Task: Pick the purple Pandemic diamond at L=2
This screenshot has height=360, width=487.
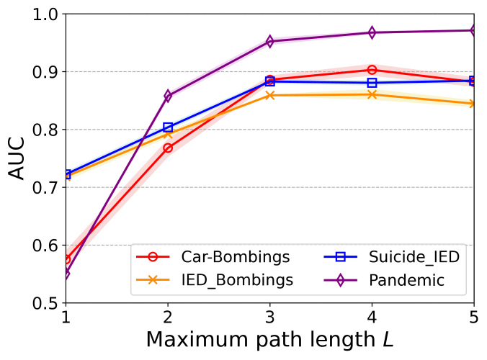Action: coord(168,96)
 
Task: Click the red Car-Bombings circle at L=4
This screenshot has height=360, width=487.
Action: coord(372,70)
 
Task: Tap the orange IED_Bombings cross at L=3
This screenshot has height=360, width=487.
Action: coord(270,95)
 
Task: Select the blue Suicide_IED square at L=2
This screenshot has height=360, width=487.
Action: coord(168,127)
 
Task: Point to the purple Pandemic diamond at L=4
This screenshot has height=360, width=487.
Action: coord(372,32)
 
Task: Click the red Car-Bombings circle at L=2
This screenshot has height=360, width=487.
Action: coord(168,148)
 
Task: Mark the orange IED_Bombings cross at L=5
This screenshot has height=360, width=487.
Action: coord(473,104)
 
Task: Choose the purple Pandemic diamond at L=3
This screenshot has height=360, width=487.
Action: coord(270,41)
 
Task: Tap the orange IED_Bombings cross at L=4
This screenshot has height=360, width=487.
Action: coord(372,94)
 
